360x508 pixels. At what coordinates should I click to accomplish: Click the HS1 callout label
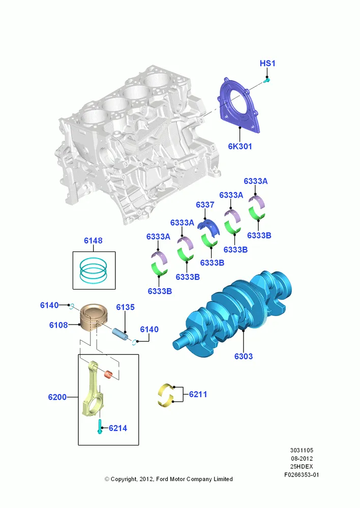(267, 63)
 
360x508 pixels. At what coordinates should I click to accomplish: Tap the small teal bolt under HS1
(266, 80)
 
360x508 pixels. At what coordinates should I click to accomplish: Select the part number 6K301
(239, 146)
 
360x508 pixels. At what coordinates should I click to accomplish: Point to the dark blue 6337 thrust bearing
(209, 226)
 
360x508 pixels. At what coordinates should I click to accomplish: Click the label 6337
(205, 205)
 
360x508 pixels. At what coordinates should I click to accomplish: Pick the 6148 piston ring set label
(93, 240)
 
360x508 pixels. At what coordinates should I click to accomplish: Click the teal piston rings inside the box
(94, 270)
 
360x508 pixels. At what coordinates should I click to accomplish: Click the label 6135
(125, 307)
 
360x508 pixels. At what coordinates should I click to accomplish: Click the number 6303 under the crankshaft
(243, 357)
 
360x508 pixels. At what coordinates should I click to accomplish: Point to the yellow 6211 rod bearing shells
(166, 395)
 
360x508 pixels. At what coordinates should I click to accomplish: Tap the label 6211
(198, 394)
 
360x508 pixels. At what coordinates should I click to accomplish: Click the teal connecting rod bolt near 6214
(100, 427)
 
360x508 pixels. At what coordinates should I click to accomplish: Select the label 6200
(57, 397)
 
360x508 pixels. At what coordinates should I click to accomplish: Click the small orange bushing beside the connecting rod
(108, 375)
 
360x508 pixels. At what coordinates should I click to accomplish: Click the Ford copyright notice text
(169, 479)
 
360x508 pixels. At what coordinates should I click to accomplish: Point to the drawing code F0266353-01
(302, 475)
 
